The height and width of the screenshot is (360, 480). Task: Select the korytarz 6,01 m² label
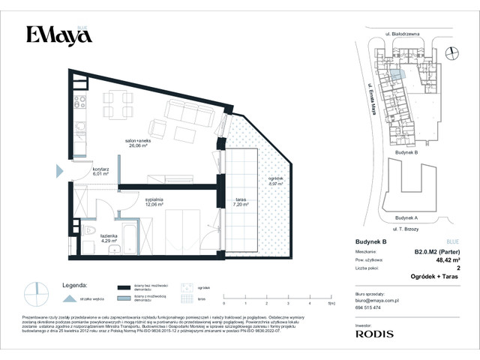point(100,172)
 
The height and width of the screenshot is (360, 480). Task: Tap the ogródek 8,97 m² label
point(276,180)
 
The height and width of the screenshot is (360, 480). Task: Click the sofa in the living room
point(184,112)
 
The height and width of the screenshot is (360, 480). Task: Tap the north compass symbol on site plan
point(451,52)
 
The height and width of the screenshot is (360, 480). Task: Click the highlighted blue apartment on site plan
point(401,73)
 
